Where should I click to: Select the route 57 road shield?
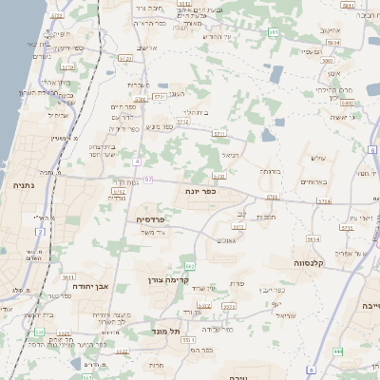(148, 178)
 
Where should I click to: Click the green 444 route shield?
(339, 351)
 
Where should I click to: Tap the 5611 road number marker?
(68, 276)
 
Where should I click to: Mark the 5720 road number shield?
(67, 67)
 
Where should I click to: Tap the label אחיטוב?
(330, 30)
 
